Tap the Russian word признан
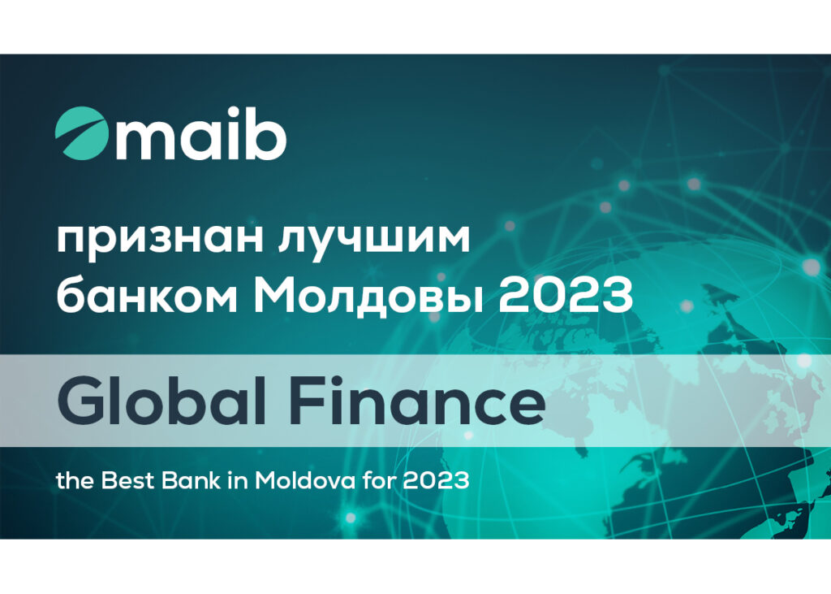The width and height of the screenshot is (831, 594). (x=160, y=240)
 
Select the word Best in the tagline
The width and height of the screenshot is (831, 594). (x=127, y=481)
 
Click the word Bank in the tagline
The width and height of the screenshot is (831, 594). (x=190, y=481)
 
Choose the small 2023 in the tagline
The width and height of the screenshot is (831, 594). (x=436, y=481)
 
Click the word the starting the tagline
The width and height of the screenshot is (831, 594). (x=75, y=481)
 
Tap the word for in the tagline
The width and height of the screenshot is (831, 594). (x=379, y=481)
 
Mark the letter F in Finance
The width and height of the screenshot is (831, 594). (x=308, y=401)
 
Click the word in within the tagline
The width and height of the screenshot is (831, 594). (x=237, y=481)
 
